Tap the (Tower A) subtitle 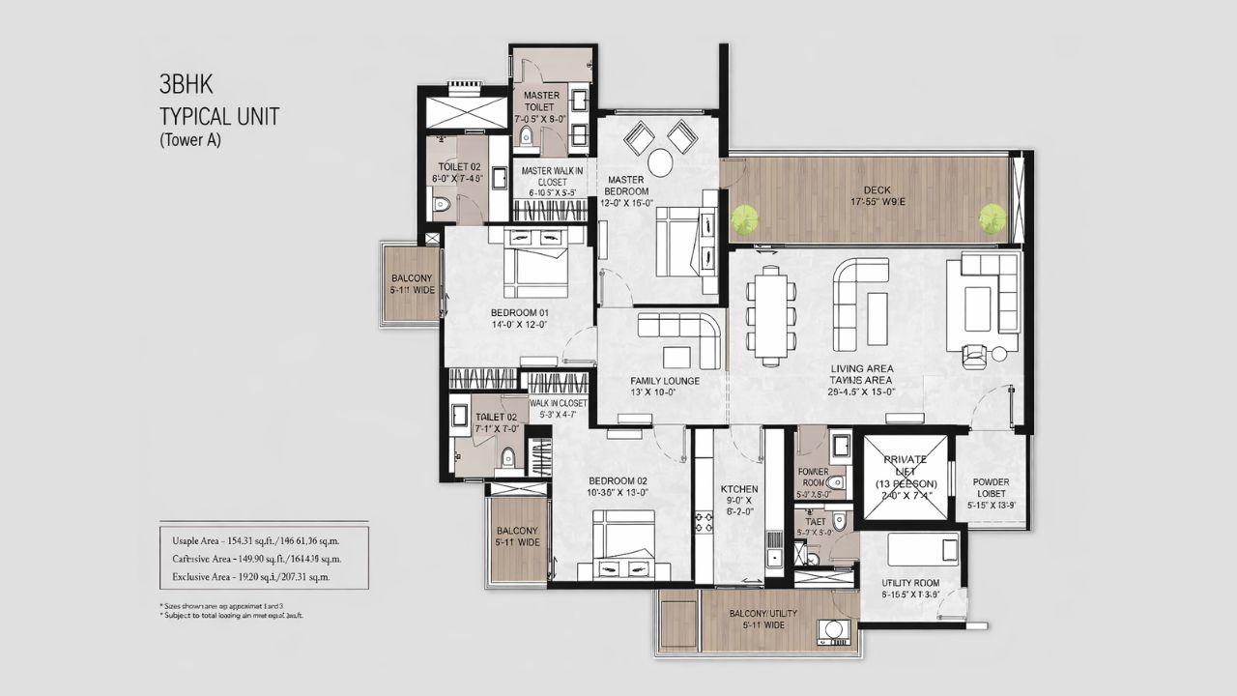[190, 140]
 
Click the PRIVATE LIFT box [905, 477]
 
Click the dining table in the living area [771, 316]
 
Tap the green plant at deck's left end [743, 219]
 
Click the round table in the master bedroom [660, 162]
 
